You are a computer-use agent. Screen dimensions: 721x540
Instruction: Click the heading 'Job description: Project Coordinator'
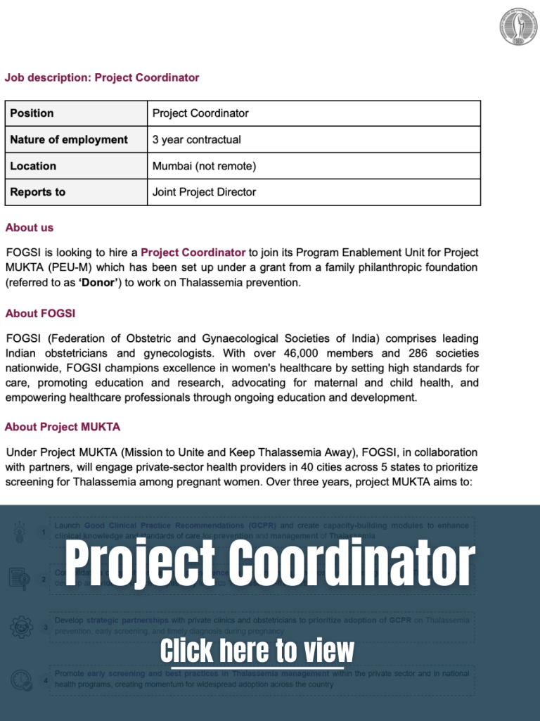[x=102, y=77]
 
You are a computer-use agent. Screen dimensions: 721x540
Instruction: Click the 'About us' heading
[x=30, y=227]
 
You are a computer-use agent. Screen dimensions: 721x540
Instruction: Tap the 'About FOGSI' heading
[x=40, y=313]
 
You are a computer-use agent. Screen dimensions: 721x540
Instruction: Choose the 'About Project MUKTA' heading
[x=63, y=427]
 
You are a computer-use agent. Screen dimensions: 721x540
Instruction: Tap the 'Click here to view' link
[x=257, y=651]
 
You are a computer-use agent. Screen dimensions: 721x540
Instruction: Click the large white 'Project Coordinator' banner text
[x=270, y=564]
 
